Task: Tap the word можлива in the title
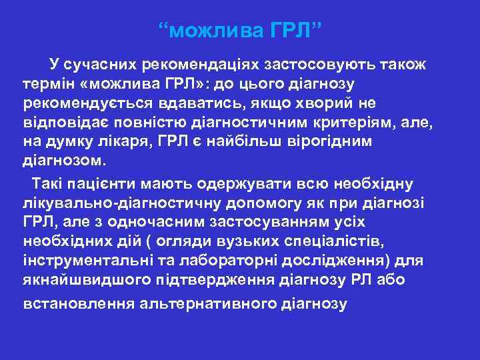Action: [x=214, y=31]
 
